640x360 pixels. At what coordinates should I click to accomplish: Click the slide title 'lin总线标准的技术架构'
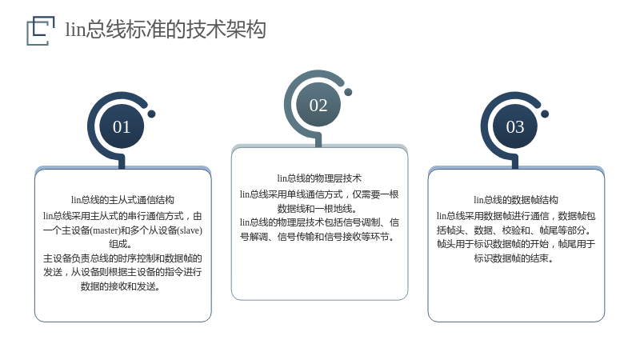click(x=166, y=30)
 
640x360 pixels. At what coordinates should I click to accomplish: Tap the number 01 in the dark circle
click(x=122, y=127)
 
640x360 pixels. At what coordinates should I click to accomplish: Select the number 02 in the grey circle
click(x=318, y=106)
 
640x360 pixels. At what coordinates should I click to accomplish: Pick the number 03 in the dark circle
click(x=514, y=127)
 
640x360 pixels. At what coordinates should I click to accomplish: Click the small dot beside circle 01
click(x=151, y=114)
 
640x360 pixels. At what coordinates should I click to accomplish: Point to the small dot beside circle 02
click(x=348, y=92)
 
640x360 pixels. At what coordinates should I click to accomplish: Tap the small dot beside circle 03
click(x=545, y=114)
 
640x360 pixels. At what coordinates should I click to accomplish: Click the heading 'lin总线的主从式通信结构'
click(x=122, y=200)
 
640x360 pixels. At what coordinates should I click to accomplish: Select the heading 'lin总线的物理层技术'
click(x=319, y=178)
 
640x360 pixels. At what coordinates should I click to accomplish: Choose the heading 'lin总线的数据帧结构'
click(x=516, y=200)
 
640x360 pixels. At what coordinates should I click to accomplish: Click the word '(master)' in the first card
click(x=105, y=230)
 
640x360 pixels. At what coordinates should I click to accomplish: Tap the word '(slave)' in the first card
click(x=190, y=230)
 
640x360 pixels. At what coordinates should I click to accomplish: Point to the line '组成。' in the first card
click(x=121, y=244)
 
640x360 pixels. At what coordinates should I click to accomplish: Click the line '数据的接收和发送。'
click(x=121, y=286)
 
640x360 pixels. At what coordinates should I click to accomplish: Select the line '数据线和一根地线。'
click(x=317, y=209)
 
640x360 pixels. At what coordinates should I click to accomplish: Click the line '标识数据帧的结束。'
click(x=514, y=258)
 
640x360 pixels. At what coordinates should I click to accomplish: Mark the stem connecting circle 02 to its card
click(x=318, y=139)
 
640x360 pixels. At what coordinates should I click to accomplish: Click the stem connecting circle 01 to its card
click(x=122, y=162)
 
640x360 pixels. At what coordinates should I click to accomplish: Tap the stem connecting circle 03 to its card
click(x=515, y=162)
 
